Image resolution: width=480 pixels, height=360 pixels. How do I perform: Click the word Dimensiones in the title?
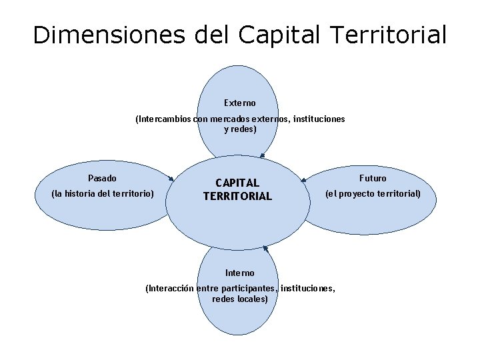pyautogui.click(x=109, y=35)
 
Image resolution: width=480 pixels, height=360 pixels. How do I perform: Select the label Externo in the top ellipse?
pyautogui.click(x=240, y=103)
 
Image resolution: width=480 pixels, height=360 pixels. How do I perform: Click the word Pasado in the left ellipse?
pyautogui.click(x=102, y=178)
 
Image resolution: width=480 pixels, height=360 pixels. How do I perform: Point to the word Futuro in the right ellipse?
pyautogui.click(x=373, y=178)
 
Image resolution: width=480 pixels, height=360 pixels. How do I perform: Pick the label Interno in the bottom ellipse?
pyautogui.click(x=240, y=273)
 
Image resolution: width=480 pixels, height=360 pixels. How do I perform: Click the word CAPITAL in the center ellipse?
pyautogui.click(x=237, y=183)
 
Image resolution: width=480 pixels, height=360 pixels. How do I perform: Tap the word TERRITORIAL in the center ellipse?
pyautogui.click(x=237, y=196)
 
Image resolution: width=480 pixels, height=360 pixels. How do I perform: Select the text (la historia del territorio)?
pyautogui.click(x=103, y=194)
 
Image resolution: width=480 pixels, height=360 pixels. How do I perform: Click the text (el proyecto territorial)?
pyautogui.click(x=373, y=194)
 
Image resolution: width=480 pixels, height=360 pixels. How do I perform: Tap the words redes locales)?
pyautogui.click(x=240, y=299)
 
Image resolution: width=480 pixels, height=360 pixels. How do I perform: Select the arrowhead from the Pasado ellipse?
pyautogui.click(x=172, y=179)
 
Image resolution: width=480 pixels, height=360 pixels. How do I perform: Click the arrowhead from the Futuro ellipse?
pyautogui.click(x=303, y=179)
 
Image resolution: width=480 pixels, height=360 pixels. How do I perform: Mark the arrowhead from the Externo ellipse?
pyautogui.click(x=262, y=156)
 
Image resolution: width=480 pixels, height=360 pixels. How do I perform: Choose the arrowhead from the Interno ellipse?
pyautogui.click(x=265, y=248)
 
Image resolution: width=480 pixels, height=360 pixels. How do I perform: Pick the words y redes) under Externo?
pyautogui.click(x=240, y=129)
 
